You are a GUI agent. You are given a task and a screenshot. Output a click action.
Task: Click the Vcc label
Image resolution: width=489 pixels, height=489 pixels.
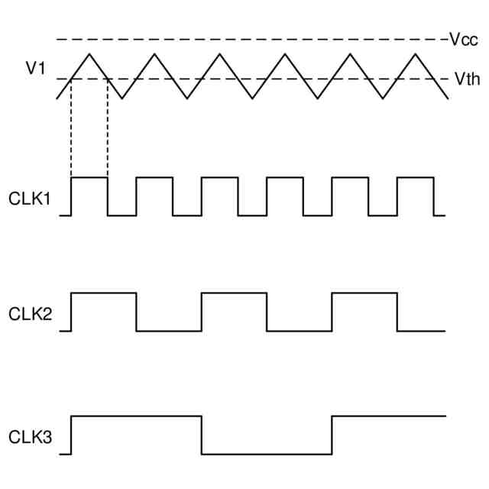(463, 40)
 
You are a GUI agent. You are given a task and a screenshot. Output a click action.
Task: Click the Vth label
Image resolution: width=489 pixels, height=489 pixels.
(466, 79)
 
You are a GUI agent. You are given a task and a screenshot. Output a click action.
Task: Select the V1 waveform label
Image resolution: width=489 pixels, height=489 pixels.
(36, 69)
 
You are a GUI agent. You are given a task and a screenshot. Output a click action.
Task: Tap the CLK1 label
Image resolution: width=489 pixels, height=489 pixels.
(30, 199)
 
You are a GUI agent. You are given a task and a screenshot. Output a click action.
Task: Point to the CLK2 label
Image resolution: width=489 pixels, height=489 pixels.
(30, 314)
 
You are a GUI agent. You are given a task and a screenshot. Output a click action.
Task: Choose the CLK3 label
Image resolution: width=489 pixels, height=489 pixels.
(30, 438)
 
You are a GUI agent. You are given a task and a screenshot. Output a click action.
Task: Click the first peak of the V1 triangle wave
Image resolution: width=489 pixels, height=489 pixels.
(89, 53)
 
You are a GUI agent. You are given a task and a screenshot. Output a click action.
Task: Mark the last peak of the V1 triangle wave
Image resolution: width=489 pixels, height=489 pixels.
(416, 53)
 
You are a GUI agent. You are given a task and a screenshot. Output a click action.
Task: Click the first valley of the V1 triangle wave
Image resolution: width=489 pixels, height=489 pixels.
(122, 98)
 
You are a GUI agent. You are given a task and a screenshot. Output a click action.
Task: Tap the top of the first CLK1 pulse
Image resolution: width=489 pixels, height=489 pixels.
(89, 178)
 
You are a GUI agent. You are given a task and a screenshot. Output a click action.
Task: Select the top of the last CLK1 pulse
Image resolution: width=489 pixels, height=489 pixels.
(416, 178)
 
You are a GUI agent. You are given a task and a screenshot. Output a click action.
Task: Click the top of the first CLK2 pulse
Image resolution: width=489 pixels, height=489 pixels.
(104, 293)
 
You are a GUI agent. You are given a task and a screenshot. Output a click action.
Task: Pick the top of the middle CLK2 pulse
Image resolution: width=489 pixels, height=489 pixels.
(235, 293)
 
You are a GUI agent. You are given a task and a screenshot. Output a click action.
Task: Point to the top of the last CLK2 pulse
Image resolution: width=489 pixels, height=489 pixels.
(364, 293)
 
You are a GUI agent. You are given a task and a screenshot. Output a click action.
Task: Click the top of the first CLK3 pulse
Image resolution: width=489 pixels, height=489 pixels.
(136, 416)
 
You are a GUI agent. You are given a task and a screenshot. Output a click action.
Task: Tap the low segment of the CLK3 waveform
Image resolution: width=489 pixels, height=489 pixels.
(267, 454)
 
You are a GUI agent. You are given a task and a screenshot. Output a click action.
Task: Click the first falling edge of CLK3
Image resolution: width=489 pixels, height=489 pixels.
(202, 436)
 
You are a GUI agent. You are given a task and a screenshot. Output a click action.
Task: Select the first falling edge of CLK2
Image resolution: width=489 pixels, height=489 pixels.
(137, 312)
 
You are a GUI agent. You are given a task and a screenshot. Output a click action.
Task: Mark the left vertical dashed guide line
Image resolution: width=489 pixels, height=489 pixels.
(71, 130)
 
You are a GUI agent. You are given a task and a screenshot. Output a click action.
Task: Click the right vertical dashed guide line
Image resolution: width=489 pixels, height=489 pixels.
(108, 130)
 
